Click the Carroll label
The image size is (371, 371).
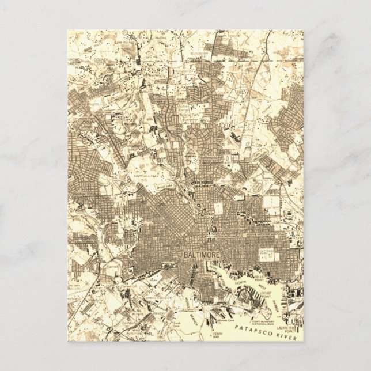click(x=113, y=268)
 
